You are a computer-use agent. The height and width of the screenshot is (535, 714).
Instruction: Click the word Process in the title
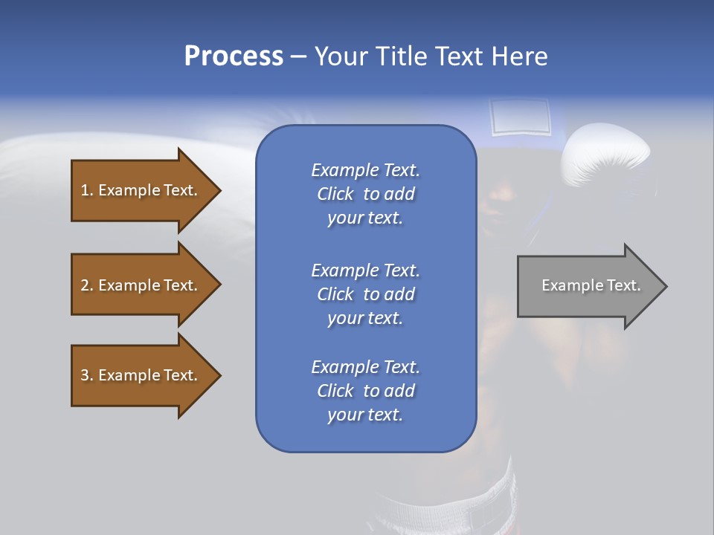pos(234,56)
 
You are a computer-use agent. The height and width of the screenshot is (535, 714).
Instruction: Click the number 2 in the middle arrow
pos(85,285)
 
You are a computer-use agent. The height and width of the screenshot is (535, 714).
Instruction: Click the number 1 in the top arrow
pos(85,190)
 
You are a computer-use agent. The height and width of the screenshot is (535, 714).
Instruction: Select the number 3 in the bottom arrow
pos(85,375)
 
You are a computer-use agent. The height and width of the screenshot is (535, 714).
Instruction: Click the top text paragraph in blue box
pos(365,194)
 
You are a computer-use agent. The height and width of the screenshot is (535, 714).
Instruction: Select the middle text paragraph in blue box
pos(365,294)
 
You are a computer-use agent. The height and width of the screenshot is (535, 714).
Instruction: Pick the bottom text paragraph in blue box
pos(365,391)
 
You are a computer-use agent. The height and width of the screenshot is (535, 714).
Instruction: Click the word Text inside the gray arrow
pos(623,285)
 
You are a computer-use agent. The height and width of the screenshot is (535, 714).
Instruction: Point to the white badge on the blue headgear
pos(520,117)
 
